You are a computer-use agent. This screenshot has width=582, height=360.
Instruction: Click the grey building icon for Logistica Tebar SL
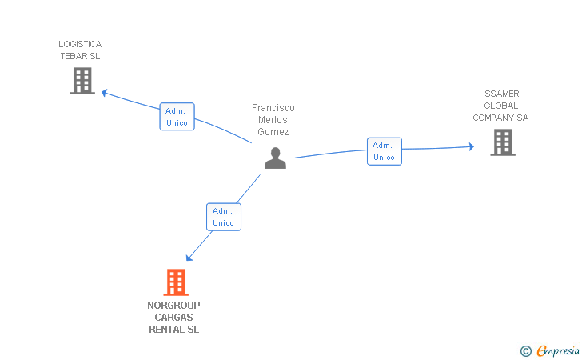tap(82, 81)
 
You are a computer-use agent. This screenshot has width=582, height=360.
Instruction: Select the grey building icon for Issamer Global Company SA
tap(503, 142)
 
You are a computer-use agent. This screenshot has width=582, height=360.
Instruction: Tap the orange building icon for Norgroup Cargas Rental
tap(175, 282)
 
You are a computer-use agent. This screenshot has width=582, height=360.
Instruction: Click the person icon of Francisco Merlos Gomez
tap(275, 158)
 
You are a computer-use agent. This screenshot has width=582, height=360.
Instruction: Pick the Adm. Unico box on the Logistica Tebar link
tap(177, 117)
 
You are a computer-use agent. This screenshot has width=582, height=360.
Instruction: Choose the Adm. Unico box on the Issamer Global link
tap(384, 151)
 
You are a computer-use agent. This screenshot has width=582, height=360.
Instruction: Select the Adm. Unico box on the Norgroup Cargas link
tap(223, 217)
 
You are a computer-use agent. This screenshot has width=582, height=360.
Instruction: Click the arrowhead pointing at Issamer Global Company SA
tap(471, 146)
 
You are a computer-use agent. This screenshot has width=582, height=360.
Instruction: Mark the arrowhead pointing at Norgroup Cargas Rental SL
tap(189, 257)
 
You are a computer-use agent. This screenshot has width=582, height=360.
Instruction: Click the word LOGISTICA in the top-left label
tap(80, 44)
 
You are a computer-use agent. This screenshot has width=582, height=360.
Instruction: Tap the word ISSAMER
tap(500, 94)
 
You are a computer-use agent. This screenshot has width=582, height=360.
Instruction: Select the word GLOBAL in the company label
tap(500, 106)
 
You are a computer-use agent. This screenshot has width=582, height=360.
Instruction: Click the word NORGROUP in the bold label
tap(173, 305)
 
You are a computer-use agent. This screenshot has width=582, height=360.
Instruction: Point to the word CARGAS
tap(173, 318)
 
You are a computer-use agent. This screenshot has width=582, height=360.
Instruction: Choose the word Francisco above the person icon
tap(273, 108)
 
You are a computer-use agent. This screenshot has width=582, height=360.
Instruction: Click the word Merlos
tap(273, 120)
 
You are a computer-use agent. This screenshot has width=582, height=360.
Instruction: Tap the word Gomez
tap(273, 132)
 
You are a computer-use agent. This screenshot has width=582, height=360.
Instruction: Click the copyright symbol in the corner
tap(525, 350)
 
